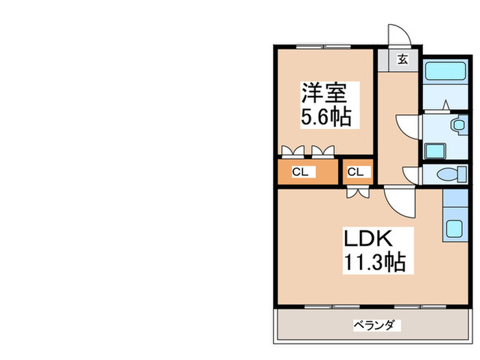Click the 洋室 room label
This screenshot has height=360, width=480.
324,93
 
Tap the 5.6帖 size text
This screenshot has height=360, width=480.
326,117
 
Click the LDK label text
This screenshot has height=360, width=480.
368,238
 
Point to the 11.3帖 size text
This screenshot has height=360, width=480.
375,262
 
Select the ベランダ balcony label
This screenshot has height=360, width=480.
374,325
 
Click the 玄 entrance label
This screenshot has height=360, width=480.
403,60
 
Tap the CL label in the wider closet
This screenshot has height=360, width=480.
300,172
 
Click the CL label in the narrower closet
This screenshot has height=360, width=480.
355,172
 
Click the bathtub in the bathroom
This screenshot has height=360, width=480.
446,71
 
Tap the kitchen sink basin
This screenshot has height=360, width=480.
454,228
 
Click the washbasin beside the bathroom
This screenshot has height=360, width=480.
459,125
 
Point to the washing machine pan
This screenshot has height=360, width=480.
435,151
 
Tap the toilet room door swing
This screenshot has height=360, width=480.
411,176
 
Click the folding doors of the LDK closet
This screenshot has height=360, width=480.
358,193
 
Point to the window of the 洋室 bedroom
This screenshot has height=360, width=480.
324,47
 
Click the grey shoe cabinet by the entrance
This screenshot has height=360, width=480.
383,60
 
